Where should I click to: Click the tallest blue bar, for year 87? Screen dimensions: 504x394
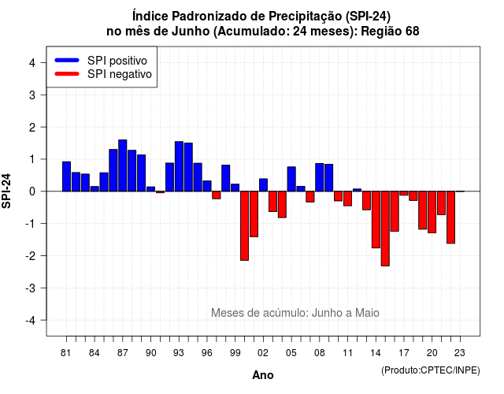click(x=123, y=165)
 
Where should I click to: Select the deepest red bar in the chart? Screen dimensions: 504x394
click(x=385, y=229)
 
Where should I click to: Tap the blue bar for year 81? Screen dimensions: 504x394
click(x=66, y=177)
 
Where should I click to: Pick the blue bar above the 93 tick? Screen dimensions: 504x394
click(x=179, y=166)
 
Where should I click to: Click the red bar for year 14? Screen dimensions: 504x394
click(x=376, y=219)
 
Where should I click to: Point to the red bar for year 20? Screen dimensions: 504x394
click(x=432, y=212)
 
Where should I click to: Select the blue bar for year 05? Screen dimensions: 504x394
click(x=291, y=179)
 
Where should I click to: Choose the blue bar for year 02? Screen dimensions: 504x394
click(x=263, y=185)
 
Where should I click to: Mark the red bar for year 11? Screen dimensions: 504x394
click(x=347, y=199)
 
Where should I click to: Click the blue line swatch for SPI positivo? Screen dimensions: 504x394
click(x=67, y=60)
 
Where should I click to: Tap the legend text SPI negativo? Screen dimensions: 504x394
click(x=119, y=74)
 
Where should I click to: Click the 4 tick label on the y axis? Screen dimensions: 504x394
click(x=32, y=63)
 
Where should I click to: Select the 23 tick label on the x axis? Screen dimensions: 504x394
click(x=460, y=353)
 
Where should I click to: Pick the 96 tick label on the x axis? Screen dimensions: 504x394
click(x=207, y=353)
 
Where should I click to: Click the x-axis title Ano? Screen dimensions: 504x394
click(x=263, y=375)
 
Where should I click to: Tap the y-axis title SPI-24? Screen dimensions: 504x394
click(x=6, y=191)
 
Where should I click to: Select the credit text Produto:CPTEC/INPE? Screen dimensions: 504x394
click(x=431, y=370)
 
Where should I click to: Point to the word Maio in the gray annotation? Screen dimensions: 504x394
click(x=367, y=313)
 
